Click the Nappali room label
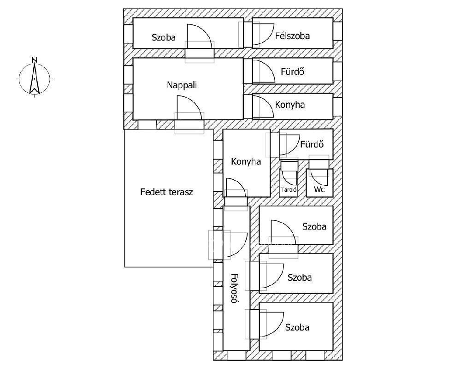pos(182,85)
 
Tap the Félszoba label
pos(292,36)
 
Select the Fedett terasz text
pos(166,192)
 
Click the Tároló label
pos(289,189)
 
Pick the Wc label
pos(319,189)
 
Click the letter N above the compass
pos(35,59)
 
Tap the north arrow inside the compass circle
pos(35,79)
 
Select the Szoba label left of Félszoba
pos(164,37)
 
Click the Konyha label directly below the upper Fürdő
pos(290,105)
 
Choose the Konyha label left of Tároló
pos(246,162)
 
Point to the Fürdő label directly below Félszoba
pos(292,71)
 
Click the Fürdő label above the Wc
pos(312,144)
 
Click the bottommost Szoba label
pos(297,327)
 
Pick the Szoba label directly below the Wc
pos(314,226)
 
